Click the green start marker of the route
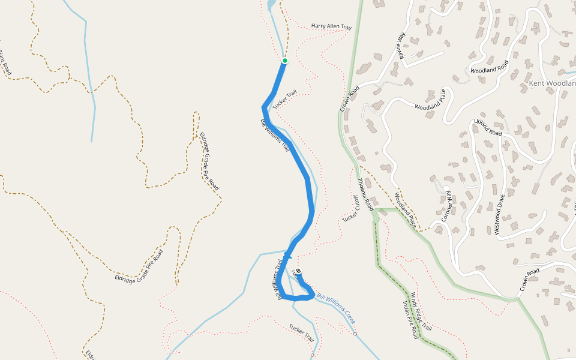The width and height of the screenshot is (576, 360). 285,61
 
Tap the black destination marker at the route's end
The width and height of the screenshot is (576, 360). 298,271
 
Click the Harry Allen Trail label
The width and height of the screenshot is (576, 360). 331,27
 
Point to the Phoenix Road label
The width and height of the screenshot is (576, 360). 366,195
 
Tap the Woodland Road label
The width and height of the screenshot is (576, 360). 490,67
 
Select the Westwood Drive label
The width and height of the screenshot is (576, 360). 499,214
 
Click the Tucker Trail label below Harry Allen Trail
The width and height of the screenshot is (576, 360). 285,100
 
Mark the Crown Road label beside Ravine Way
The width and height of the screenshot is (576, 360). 349,99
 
